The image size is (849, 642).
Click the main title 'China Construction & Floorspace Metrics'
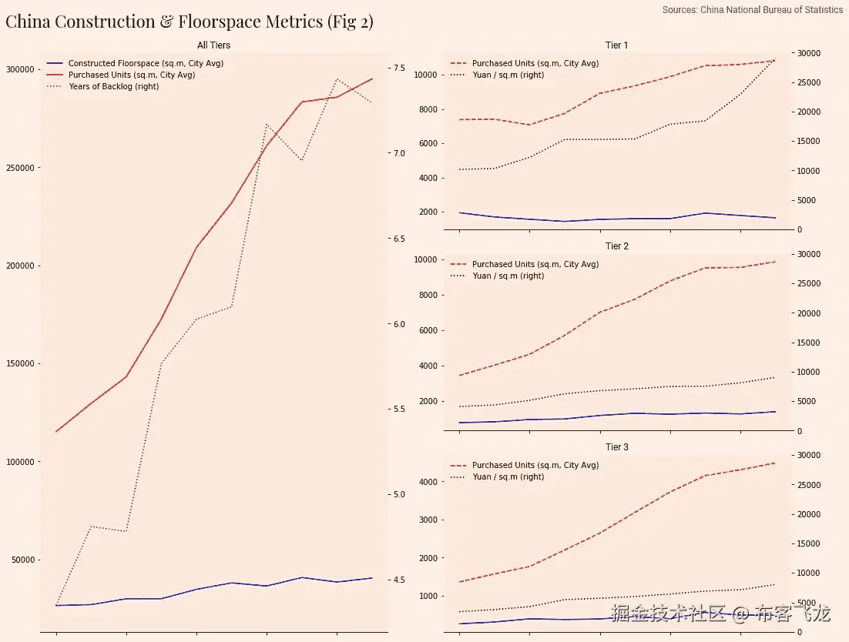(x=190, y=22)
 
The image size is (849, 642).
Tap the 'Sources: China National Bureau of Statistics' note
(x=753, y=10)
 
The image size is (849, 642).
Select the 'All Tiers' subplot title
(x=213, y=45)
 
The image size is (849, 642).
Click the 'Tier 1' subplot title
(x=616, y=45)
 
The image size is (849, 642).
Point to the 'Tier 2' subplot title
(x=616, y=246)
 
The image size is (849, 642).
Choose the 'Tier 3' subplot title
(x=616, y=447)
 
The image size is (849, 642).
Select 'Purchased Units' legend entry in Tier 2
(x=535, y=264)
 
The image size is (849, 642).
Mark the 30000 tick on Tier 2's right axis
(x=808, y=254)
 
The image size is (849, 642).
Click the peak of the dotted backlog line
(x=337, y=79)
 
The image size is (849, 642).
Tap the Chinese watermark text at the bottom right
(x=721, y=614)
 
